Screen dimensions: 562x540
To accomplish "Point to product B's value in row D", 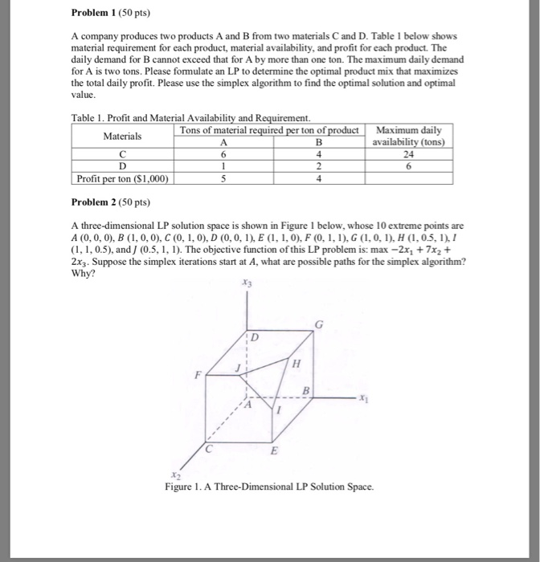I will click(319, 167).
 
